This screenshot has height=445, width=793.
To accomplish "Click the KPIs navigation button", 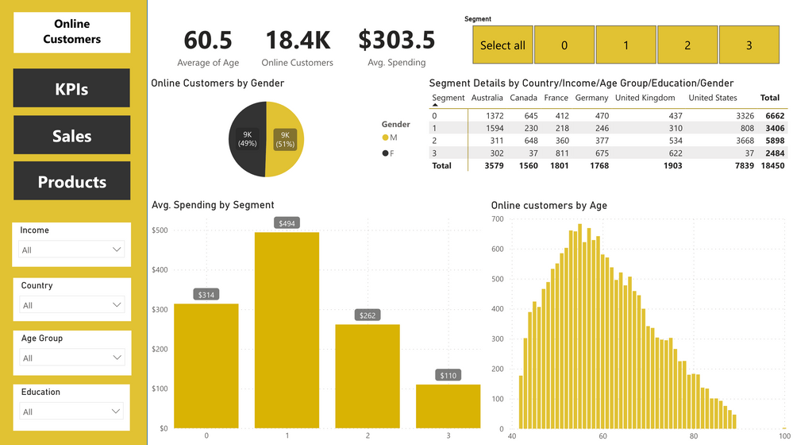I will click(x=71, y=88).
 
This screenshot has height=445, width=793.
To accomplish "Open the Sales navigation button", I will click(x=71, y=135).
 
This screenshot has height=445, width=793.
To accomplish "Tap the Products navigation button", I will click(x=71, y=181).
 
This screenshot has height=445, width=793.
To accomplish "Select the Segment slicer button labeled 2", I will click(x=687, y=45).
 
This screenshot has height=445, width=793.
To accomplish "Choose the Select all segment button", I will click(x=502, y=45).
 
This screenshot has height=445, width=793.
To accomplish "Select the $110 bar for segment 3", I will click(x=448, y=406).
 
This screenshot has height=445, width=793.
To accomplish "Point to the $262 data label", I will click(x=368, y=315).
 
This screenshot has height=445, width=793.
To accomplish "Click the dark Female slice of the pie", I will click(x=247, y=140).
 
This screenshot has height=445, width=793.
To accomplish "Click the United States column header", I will click(x=713, y=98).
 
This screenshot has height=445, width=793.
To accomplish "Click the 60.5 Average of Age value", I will click(x=208, y=40).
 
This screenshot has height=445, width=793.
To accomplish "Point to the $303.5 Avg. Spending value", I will click(x=396, y=40).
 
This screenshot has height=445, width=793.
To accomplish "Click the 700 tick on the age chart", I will click(x=498, y=219).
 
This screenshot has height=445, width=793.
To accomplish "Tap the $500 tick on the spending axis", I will click(x=160, y=230).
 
